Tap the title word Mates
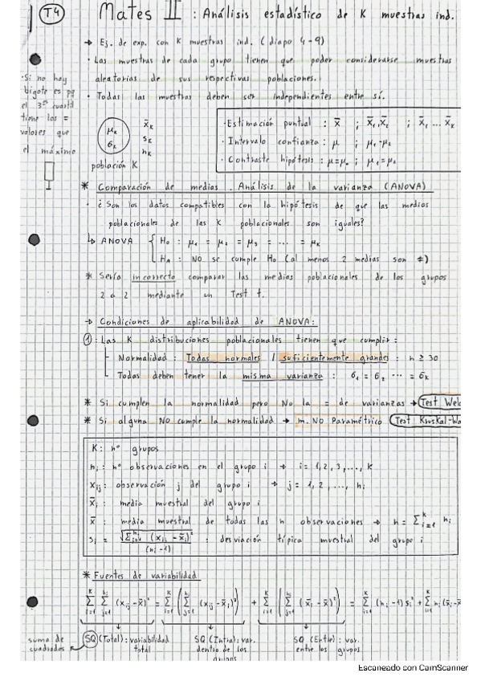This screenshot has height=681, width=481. click(x=128, y=14)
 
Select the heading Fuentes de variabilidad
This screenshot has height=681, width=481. click(x=141, y=575)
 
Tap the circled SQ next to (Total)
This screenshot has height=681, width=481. click(x=90, y=639)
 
